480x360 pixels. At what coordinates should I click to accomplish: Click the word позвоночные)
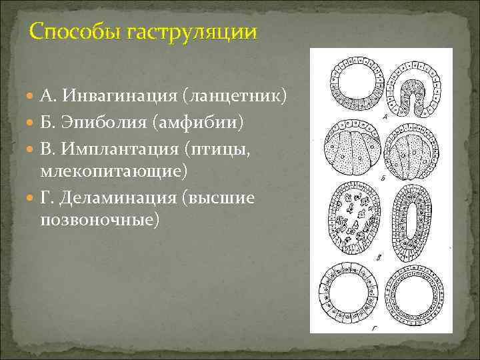(100, 219)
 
